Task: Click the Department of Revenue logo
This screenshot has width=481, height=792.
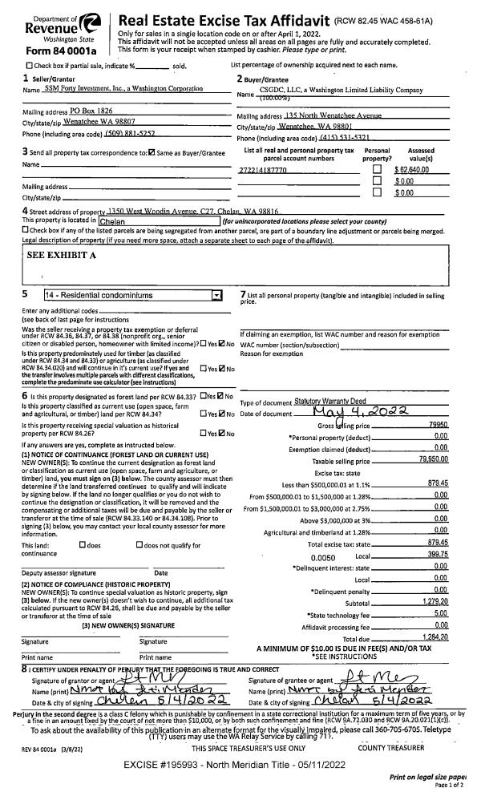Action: point(49,24)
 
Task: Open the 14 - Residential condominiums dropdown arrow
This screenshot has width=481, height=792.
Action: point(214,295)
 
